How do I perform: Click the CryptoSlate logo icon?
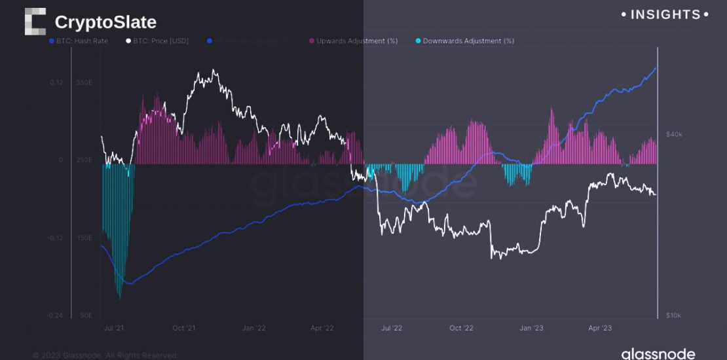(x=35, y=22)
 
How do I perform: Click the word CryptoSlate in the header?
(x=105, y=22)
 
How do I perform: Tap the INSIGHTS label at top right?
(x=665, y=14)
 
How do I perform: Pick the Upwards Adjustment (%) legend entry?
(x=354, y=41)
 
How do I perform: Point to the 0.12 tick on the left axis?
(x=56, y=82)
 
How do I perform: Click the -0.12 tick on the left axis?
(x=55, y=238)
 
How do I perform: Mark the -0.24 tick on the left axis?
(x=55, y=315)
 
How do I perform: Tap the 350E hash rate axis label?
(x=84, y=82)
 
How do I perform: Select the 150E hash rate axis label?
(x=84, y=238)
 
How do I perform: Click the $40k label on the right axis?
(x=674, y=134)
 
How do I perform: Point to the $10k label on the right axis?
(x=674, y=315)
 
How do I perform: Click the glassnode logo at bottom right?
(x=658, y=353)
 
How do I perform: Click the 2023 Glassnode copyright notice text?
(x=105, y=355)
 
